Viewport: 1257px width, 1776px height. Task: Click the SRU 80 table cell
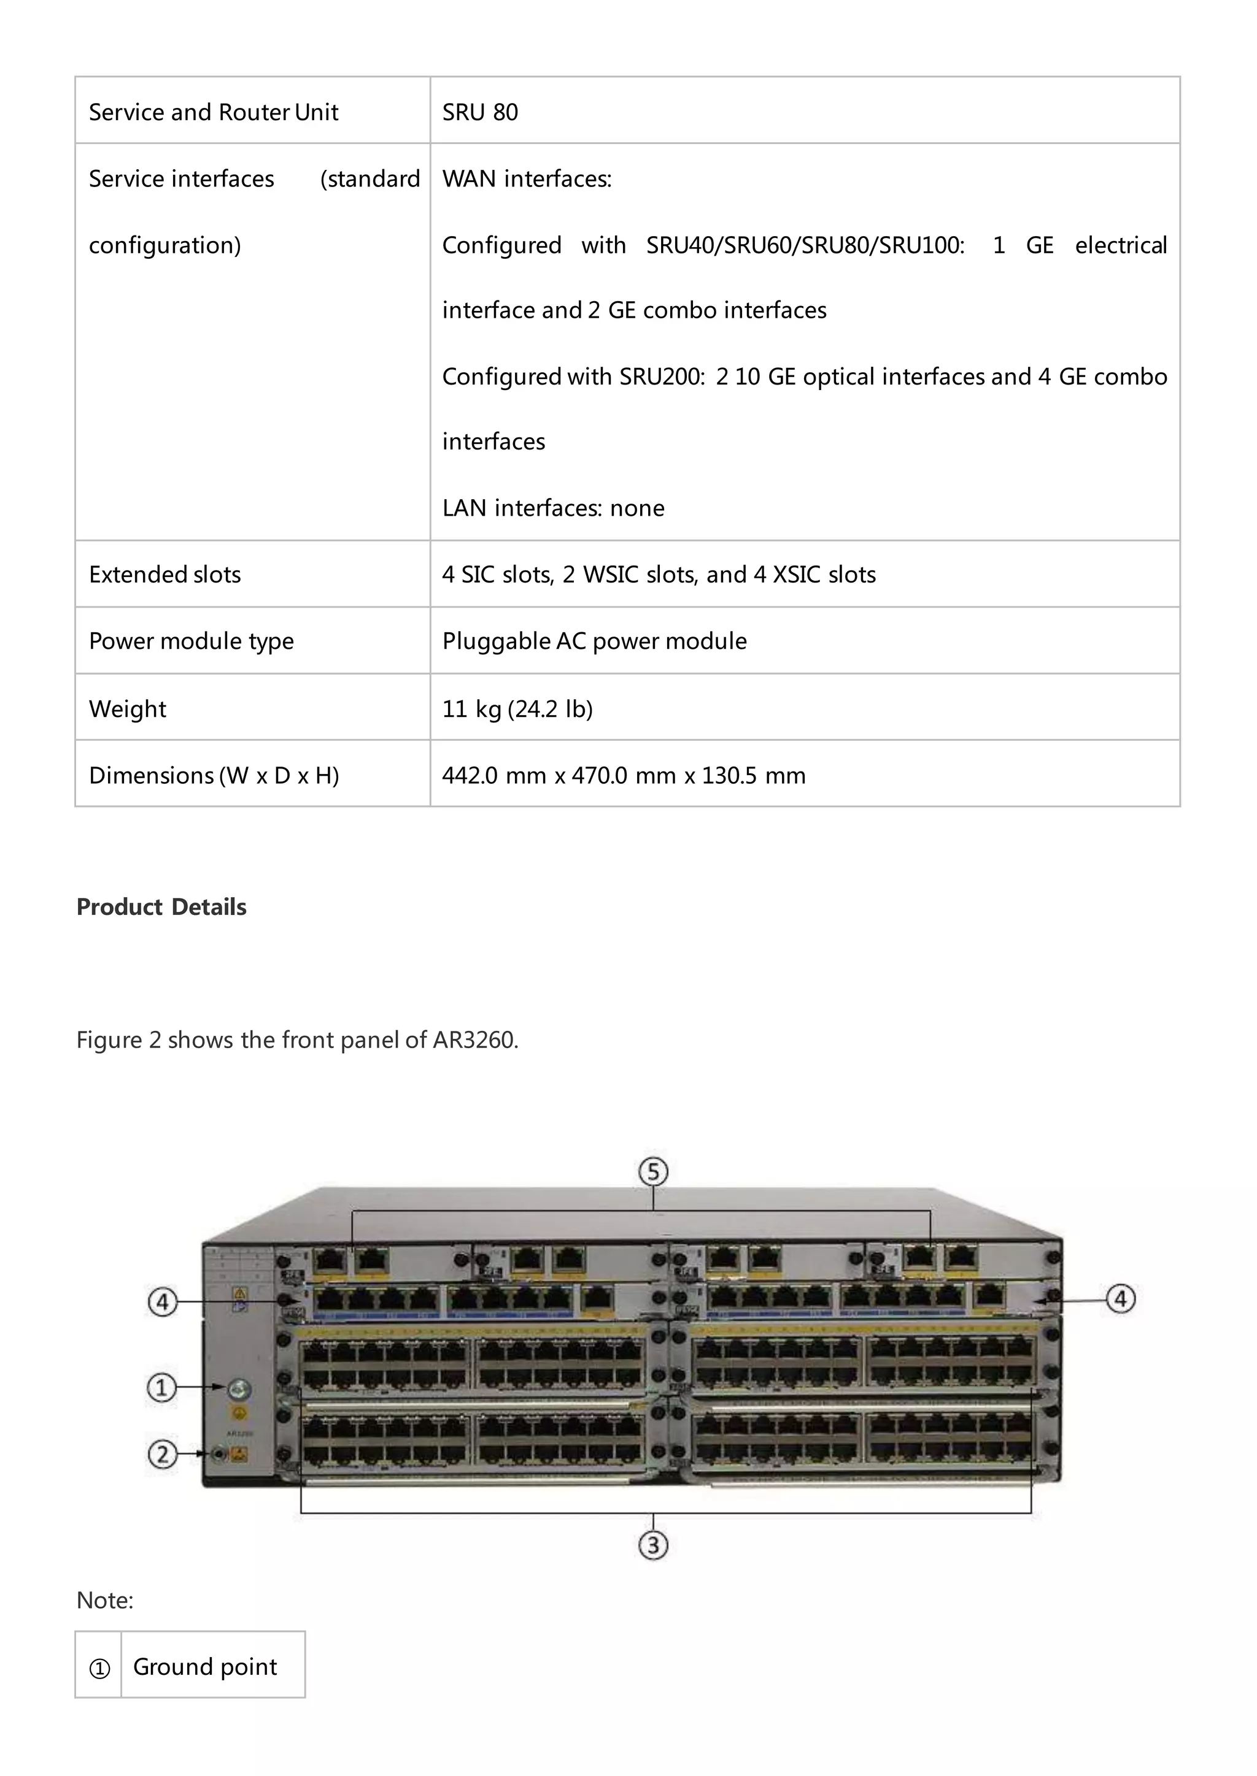(x=480, y=112)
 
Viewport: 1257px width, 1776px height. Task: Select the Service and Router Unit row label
(x=214, y=112)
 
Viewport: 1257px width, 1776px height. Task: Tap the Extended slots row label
(x=165, y=575)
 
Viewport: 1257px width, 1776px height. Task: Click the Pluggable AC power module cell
(x=595, y=641)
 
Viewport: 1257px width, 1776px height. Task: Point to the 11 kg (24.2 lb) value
(x=517, y=708)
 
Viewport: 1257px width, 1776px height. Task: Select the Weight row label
(x=128, y=708)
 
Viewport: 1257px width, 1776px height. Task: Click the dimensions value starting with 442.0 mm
(x=624, y=775)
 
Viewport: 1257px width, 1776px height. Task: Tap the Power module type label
(x=191, y=641)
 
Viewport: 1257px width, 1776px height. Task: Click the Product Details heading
(x=161, y=906)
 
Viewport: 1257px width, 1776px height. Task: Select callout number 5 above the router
(x=653, y=1171)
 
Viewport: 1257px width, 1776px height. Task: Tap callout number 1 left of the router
(x=162, y=1387)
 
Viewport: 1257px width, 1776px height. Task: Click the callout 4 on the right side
(x=1120, y=1298)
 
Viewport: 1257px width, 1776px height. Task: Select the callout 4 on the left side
(x=162, y=1302)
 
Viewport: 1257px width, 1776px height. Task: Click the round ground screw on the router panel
(x=238, y=1388)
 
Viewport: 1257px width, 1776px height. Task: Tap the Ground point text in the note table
(x=205, y=1666)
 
